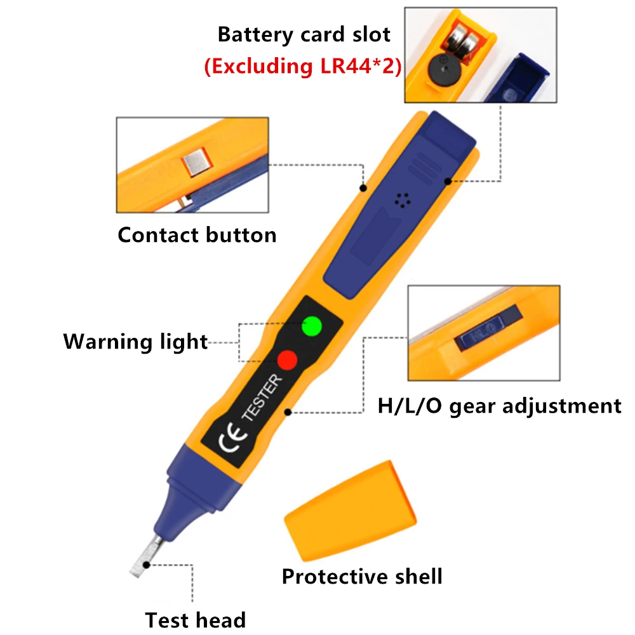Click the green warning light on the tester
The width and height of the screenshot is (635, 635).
[x=311, y=326]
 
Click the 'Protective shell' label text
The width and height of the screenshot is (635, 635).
[x=362, y=577]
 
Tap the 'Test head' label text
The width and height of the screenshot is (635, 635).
[x=195, y=619]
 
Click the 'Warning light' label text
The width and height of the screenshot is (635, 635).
[x=135, y=342]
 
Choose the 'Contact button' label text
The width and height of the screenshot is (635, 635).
[x=197, y=235]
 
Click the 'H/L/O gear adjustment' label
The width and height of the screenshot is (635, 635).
[x=499, y=405]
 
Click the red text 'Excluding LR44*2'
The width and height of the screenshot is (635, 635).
[x=303, y=66]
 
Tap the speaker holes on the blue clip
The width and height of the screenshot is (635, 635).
[x=400, y=200]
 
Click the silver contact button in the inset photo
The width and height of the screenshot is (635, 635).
[x=195, y=163]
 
